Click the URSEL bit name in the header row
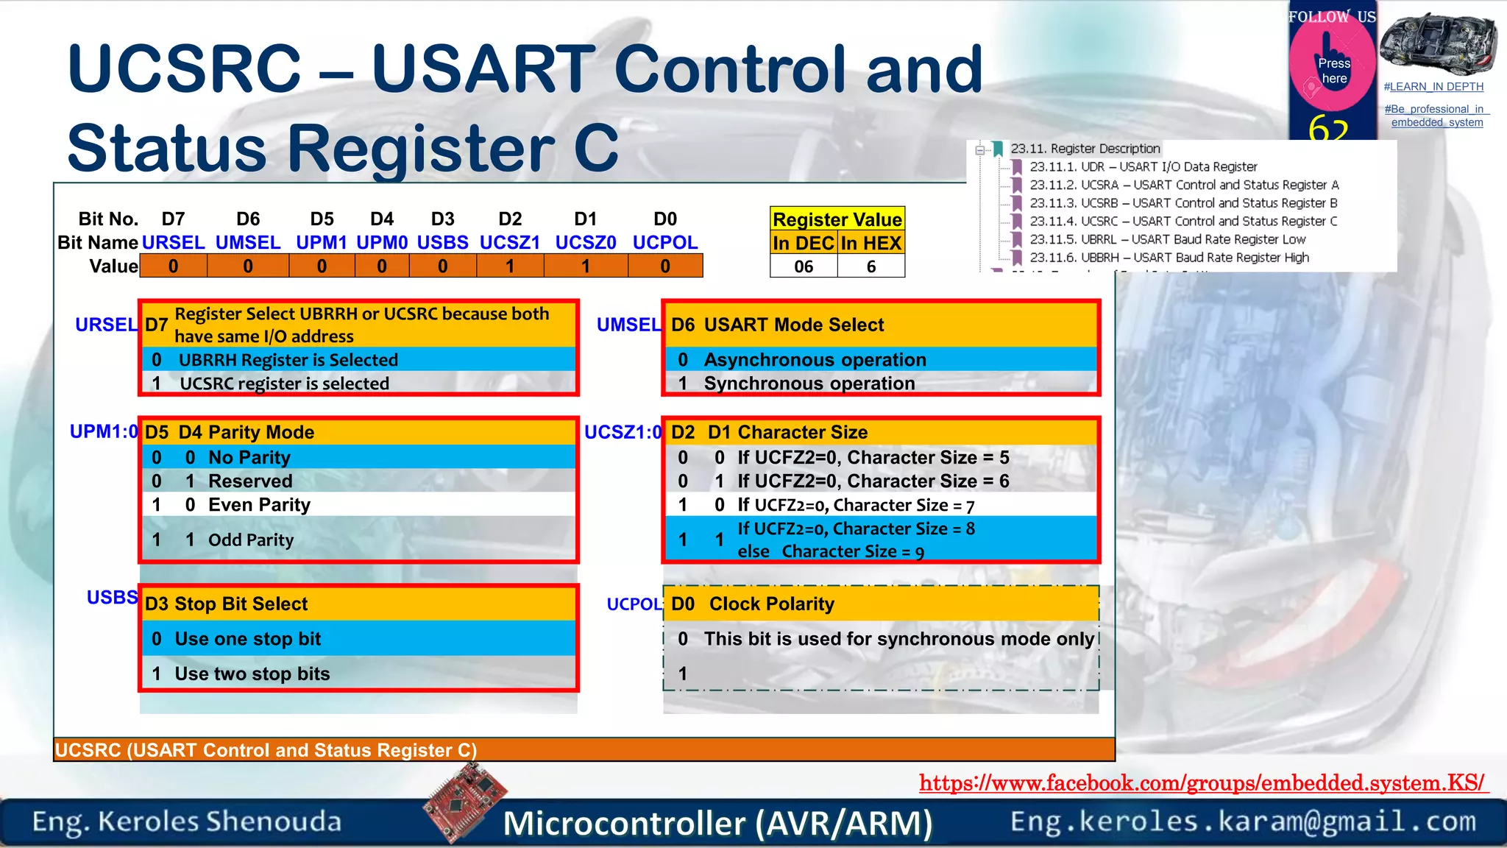pos(173,243)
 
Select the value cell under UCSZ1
pos(510,266)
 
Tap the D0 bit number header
pos(664,219)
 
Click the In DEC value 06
pos(804,266)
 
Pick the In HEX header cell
pos(871,243)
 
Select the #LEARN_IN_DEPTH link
pos(1433,87)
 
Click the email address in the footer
pos(1243,821)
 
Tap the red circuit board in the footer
pos(466,803)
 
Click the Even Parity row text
pos(259,505)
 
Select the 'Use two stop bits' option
pos(252,674)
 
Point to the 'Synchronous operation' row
pos(809,384)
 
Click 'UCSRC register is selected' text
pos(284,384)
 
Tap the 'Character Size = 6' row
pos(873,481)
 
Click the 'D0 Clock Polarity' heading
pos(752,604)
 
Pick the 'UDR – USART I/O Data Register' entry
pos(1143,167)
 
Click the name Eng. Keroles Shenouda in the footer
pos(187,821)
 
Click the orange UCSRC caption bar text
pos(266,750)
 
